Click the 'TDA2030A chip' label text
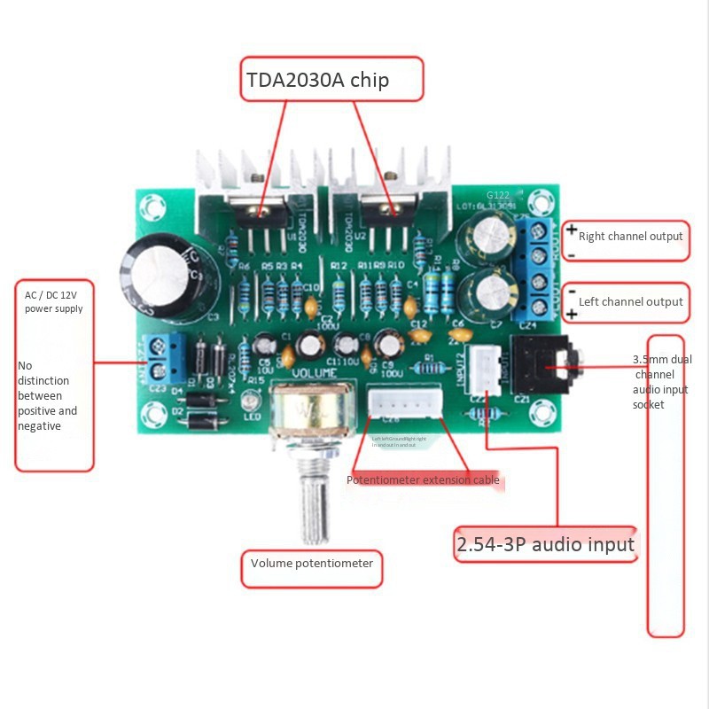pos(317,81)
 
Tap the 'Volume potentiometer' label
pos(312,564)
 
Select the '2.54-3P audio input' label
pos(545,543)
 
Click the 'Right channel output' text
pos(630,236)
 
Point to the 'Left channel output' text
pos(630,301)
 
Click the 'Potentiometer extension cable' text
pos(423,480)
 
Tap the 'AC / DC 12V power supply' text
pos(54,302)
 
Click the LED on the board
pos(249,404)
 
